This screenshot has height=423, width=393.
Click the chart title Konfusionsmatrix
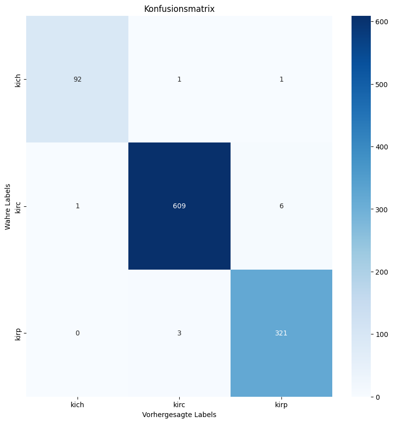[179, 9]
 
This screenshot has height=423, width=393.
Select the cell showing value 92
[78, 79]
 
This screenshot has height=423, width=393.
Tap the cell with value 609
[179, 206]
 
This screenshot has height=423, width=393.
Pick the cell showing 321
[281, 333]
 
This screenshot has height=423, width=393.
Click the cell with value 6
[281, 206]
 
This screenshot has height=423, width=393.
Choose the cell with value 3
[179, 333]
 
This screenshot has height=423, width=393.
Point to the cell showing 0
[78, 333]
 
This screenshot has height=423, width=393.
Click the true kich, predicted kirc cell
[179, 79]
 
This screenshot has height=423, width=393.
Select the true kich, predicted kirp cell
[281, 79]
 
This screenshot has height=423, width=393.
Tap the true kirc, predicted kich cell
[78, 206]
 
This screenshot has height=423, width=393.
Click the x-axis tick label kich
[78, 405]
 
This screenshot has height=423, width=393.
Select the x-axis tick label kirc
[179, 405]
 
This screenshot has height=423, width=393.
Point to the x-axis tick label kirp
[281, 405]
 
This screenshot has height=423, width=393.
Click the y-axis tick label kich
[18, 79]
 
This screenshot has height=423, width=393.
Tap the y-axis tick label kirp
[18, 333]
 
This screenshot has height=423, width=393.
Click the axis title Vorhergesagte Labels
[179, 414]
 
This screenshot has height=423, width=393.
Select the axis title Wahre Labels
[8, 206]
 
